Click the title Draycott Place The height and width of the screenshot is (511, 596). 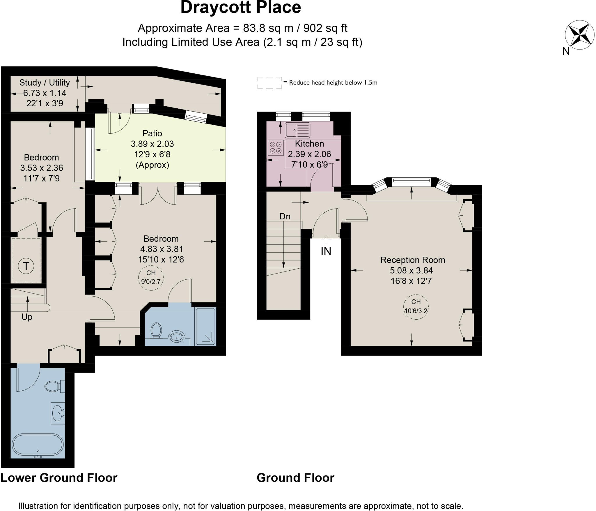tap(241, 8)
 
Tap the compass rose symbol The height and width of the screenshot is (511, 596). tap(579, 34)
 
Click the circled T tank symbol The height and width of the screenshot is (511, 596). tap(26, 266)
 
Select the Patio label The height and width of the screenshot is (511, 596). tap(152, 133)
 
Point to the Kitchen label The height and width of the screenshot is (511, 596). tap(309, 144)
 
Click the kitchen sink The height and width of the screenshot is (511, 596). tap(297, 130)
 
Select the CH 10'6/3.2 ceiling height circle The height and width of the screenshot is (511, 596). tap(416, 307)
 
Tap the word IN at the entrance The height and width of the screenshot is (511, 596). tap(326, 251)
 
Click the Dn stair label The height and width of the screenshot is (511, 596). tap(285, 216)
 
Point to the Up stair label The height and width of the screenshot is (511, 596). tap(27, 317)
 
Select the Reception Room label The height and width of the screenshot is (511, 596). tap(413, 260)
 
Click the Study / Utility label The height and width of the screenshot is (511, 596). tap(45, 83)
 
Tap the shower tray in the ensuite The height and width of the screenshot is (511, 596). tap(205, 326)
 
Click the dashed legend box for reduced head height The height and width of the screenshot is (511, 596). tap(269, 83)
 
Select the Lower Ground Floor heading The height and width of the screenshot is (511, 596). tap(59, 478)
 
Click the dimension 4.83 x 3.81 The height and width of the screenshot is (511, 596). tap(162, 249)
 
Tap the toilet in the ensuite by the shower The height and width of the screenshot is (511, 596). tap(156, 330)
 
